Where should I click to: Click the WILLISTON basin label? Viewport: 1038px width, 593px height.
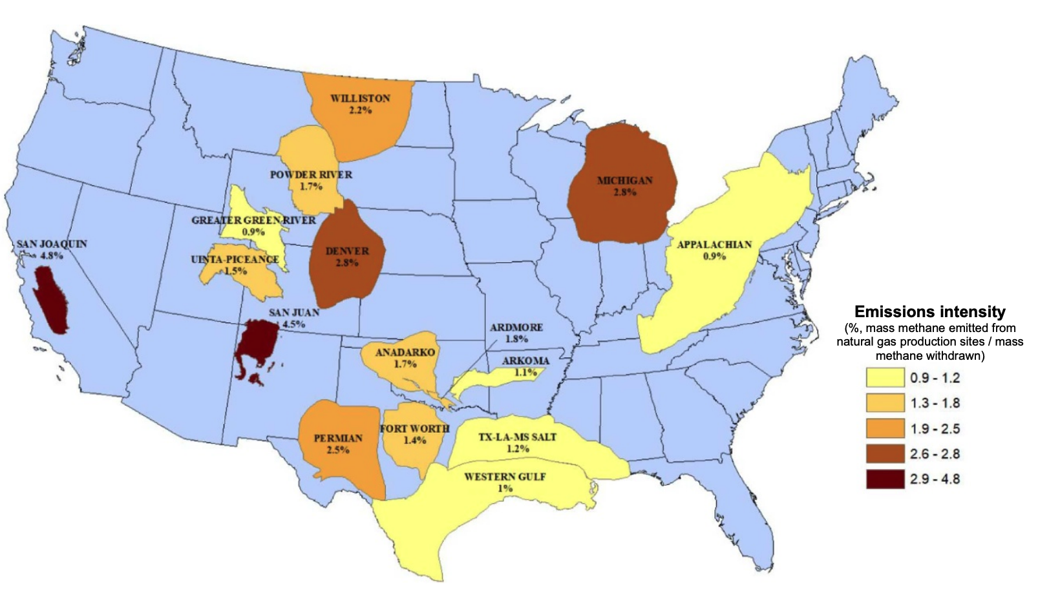(x=360, y=98)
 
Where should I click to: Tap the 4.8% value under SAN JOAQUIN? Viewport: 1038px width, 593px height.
(x=52, y=256)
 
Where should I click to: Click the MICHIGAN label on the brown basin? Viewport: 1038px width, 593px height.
(x=624, y=180)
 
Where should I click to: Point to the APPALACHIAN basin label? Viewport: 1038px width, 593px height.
(x=714, y=244)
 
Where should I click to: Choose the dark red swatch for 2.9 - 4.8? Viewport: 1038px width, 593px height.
(x=885, y=479)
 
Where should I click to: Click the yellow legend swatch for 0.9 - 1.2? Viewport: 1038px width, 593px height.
(x=885, y=378)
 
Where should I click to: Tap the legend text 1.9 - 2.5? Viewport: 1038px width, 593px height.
(x=935, y=429)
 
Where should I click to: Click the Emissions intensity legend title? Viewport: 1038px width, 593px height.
(x=929, y=312)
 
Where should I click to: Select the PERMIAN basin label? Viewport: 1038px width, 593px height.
(x=338, y=438)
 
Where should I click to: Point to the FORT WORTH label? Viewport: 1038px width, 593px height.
(x=414, y=429)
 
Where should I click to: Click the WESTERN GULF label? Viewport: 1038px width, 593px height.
(x=505, y=477)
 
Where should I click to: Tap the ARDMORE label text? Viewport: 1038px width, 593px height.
(x=516, y=328)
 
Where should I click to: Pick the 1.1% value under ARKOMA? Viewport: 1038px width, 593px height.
(x=525, y=372)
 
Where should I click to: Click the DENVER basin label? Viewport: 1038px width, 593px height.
(x=347, y=251)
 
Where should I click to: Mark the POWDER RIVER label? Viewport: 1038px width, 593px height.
(x=311, y=174)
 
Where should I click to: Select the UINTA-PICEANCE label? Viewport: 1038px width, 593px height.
(x=235, y=259)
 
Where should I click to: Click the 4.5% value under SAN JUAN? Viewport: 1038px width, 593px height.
(x=294, y=324)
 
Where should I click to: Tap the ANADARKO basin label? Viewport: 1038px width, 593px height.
(x=405, y=352)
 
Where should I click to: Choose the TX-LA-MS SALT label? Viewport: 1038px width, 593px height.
(x=517, y=437)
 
